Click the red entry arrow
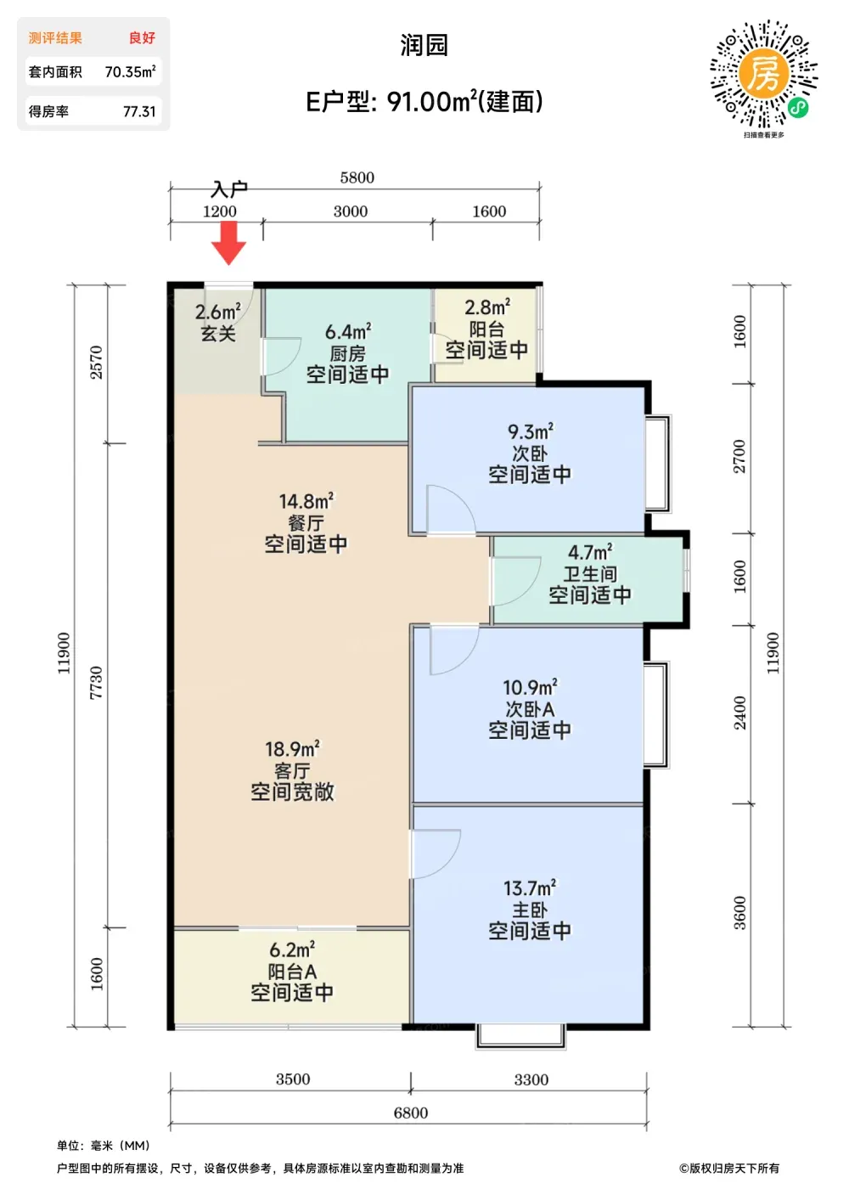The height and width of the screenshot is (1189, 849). click(x=228, y=243)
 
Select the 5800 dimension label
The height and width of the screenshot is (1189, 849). click(x=357, y=178)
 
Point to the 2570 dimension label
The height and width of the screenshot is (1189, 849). click(x=96, y=362)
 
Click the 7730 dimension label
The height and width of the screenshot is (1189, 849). click(x=96, y=683)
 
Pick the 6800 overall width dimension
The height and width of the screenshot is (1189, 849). click(x=411, y=1113)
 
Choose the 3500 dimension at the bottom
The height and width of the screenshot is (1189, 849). click(x=293, y=1079)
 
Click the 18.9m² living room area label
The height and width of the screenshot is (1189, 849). click(x=292, y=749)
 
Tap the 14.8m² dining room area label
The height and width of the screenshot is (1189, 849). click(x=306, y=501)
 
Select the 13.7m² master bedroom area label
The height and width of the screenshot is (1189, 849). click(x=530, y=888)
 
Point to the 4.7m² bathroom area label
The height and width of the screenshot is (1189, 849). click(x=590, y=552)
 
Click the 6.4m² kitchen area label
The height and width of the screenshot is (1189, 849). click(x=348, y=332)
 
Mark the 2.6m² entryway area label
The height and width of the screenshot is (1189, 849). click(x=218, y=312)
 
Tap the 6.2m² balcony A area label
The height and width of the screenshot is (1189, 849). click(x=292, y=950)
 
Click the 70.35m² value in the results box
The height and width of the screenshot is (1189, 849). click(x=130, y=71)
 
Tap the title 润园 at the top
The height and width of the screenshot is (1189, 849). click(x=424, y=45)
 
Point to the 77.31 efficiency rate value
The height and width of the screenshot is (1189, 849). click(x=139, y=111)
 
